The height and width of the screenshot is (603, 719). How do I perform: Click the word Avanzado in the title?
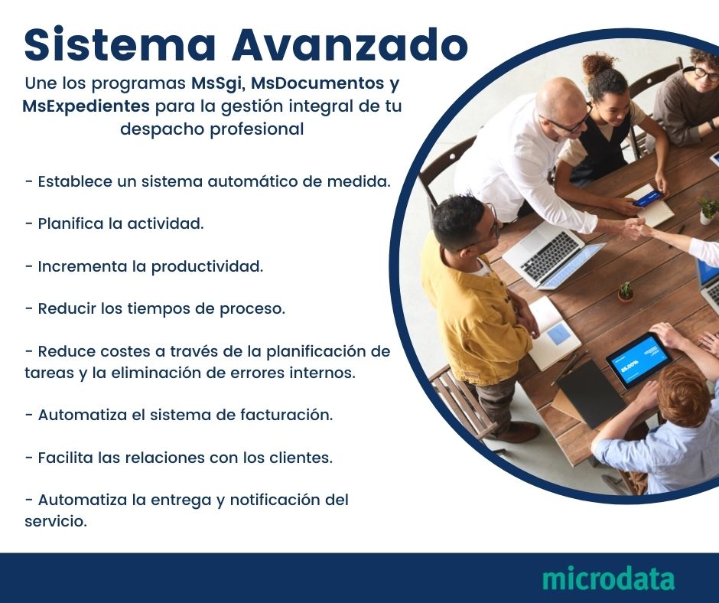pos(350,45)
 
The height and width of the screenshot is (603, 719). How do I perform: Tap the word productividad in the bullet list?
pos(207,267)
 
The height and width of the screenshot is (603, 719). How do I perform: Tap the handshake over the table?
pos(633,227)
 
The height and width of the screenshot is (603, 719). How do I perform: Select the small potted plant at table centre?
pos(626,291)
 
